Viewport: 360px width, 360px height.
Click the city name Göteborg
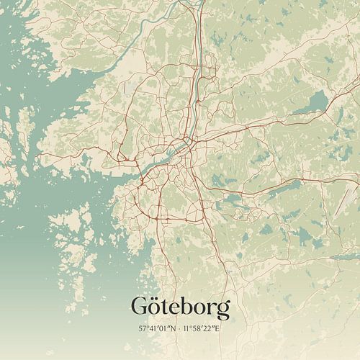[x=181, y=308]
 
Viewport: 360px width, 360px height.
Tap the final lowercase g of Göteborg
[x=222, y=311]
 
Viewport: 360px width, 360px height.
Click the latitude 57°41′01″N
[x=158, y=329]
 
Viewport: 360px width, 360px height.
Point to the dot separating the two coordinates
[x=180, y=329]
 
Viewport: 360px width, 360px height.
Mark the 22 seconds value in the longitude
[x=212, y=329]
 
